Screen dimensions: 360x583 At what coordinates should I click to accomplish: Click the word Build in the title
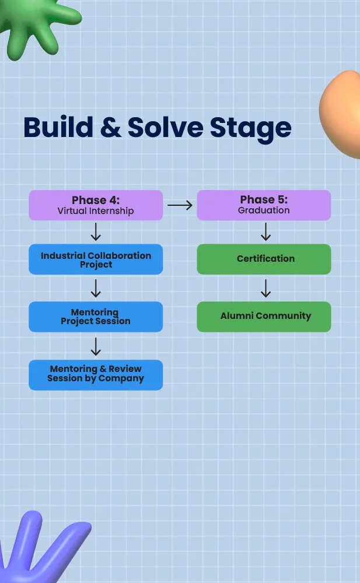[58, 127]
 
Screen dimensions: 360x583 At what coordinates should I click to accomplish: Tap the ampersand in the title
[111, 127]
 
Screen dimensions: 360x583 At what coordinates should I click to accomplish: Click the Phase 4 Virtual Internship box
[96, 205]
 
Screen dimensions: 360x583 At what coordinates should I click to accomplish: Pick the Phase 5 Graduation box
[264, 205]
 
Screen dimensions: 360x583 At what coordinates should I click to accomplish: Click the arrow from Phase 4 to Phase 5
[180, 205]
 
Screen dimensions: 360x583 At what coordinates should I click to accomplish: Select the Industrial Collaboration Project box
[96, 259]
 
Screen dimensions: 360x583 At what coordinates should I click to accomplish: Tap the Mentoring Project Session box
[96, 317]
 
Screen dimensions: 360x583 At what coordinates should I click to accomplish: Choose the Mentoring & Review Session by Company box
[96, 375]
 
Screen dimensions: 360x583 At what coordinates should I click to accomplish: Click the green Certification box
[264, 259]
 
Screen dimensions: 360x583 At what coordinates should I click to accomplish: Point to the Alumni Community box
[264, 317]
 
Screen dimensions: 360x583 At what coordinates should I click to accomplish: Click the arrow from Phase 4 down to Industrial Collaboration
[96, 231]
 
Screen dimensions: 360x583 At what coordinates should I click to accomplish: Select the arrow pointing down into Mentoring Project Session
[96, 289]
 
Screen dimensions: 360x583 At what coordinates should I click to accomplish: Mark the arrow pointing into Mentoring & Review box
[96, 346]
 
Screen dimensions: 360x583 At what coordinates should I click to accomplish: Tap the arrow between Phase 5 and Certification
[265, 231]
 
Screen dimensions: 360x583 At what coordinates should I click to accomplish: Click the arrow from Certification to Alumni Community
[265, 289]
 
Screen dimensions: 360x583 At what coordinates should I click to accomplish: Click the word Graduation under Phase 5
[264, 210]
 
